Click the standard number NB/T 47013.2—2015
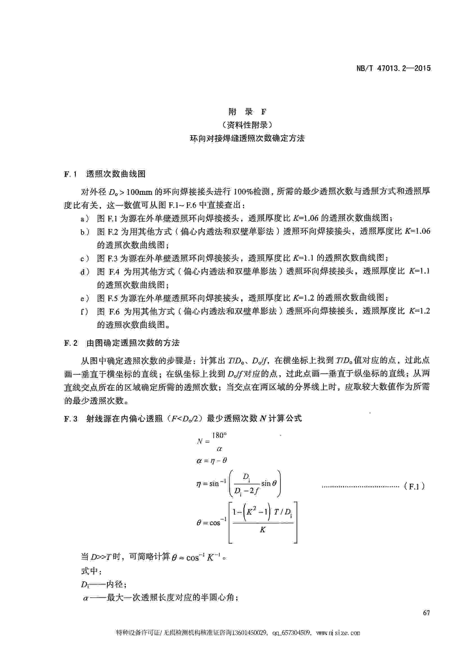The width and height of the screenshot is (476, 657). tap(393, 68)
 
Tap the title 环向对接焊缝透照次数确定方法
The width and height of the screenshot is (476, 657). tap(247, 138)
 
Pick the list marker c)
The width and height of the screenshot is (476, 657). tap(85, 258)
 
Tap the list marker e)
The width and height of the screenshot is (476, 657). tap(85, 297)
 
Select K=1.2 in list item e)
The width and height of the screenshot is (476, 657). tap(304, 297)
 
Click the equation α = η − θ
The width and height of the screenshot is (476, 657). tap(212, 460)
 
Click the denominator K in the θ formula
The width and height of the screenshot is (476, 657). tap(262, 530)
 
